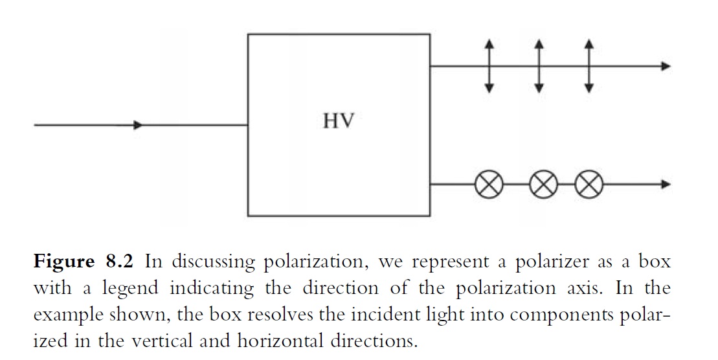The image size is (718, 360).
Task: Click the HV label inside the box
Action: [339, 121]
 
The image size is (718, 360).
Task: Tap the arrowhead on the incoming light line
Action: [137, 125]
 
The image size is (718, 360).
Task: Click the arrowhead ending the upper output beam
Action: [666, 66]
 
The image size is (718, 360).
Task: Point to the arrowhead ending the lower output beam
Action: [666, 185]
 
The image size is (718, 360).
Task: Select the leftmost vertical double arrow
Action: [489, 65]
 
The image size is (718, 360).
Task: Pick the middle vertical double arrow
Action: [539, 65]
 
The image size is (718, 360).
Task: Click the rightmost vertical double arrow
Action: [588, 65]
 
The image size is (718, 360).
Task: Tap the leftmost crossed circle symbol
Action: [489, 185]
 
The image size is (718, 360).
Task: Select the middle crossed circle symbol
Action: [543, 185]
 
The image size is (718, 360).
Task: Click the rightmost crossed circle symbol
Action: [589, 185]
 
